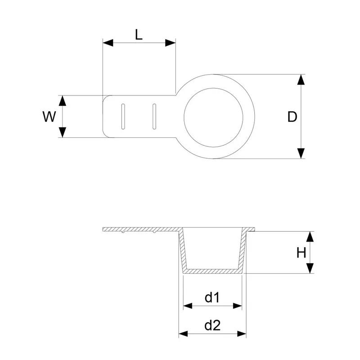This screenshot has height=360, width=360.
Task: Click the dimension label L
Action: click(x=139, y=35)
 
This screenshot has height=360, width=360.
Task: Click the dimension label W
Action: click(x=49, y=117)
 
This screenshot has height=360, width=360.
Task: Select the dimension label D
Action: click(x=292, y=117)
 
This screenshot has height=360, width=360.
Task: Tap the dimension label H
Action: click(x=301, y=253)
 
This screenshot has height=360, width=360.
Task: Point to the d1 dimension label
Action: click(x=212, y=297)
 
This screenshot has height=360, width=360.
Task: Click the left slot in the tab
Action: click(x=122, y=117)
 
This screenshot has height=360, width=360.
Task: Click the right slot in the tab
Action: click(x=154, y=117)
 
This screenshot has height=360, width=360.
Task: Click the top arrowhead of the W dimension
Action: click(x=63, y=100)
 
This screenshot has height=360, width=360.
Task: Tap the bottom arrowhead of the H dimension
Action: click(x=310, y=269)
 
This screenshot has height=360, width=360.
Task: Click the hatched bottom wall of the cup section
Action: click(x=213, y=271)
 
